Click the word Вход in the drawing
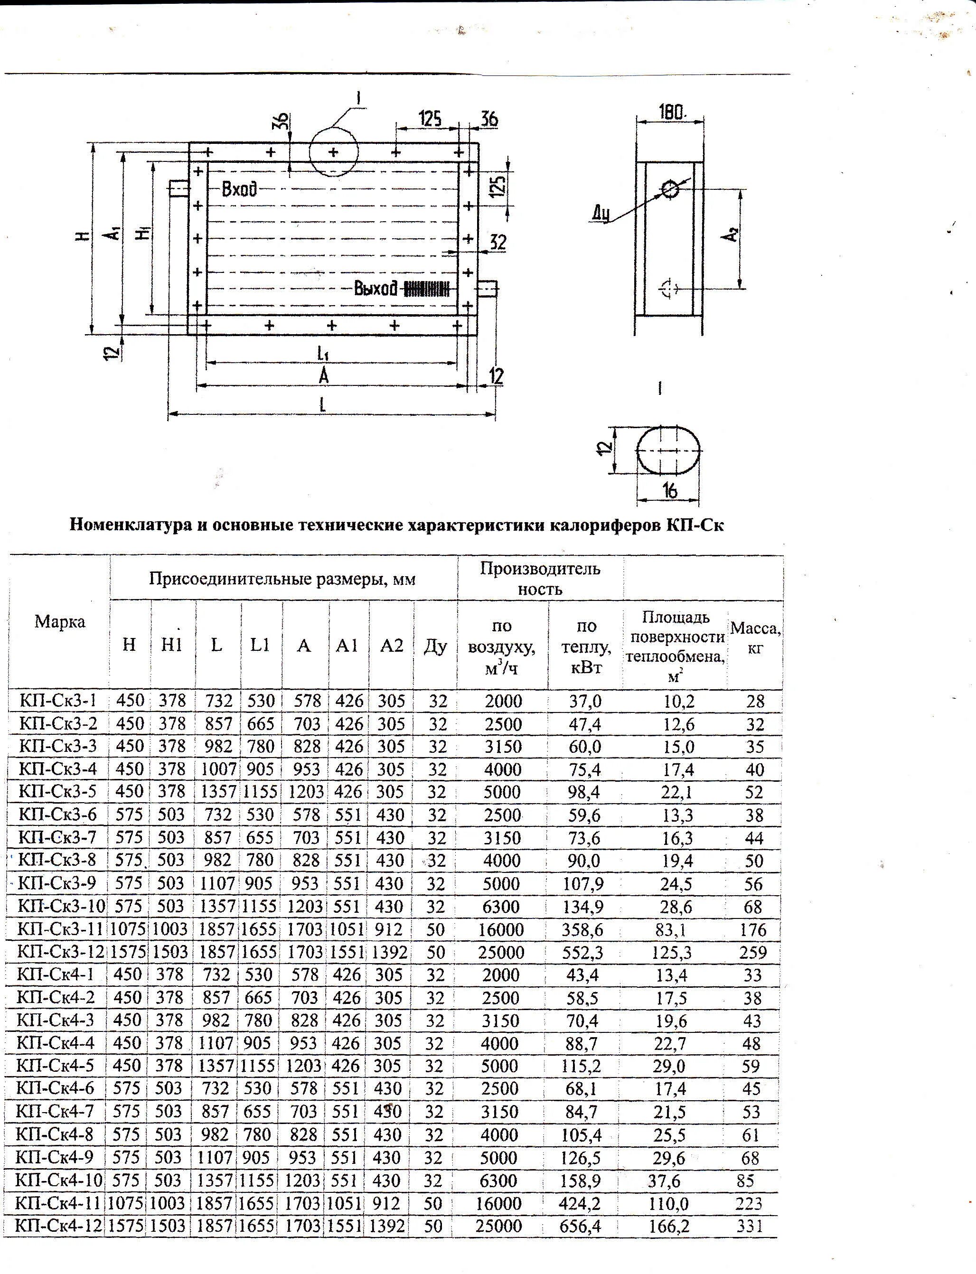238,189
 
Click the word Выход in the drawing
376,289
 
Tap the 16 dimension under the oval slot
670,491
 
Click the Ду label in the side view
601,215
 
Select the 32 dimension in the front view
498,242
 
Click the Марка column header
60,622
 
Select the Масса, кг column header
755,637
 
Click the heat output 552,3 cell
582,952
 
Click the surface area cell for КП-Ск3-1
678,701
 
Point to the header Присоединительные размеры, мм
282,579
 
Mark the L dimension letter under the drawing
323,404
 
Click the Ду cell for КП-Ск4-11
433,1203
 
